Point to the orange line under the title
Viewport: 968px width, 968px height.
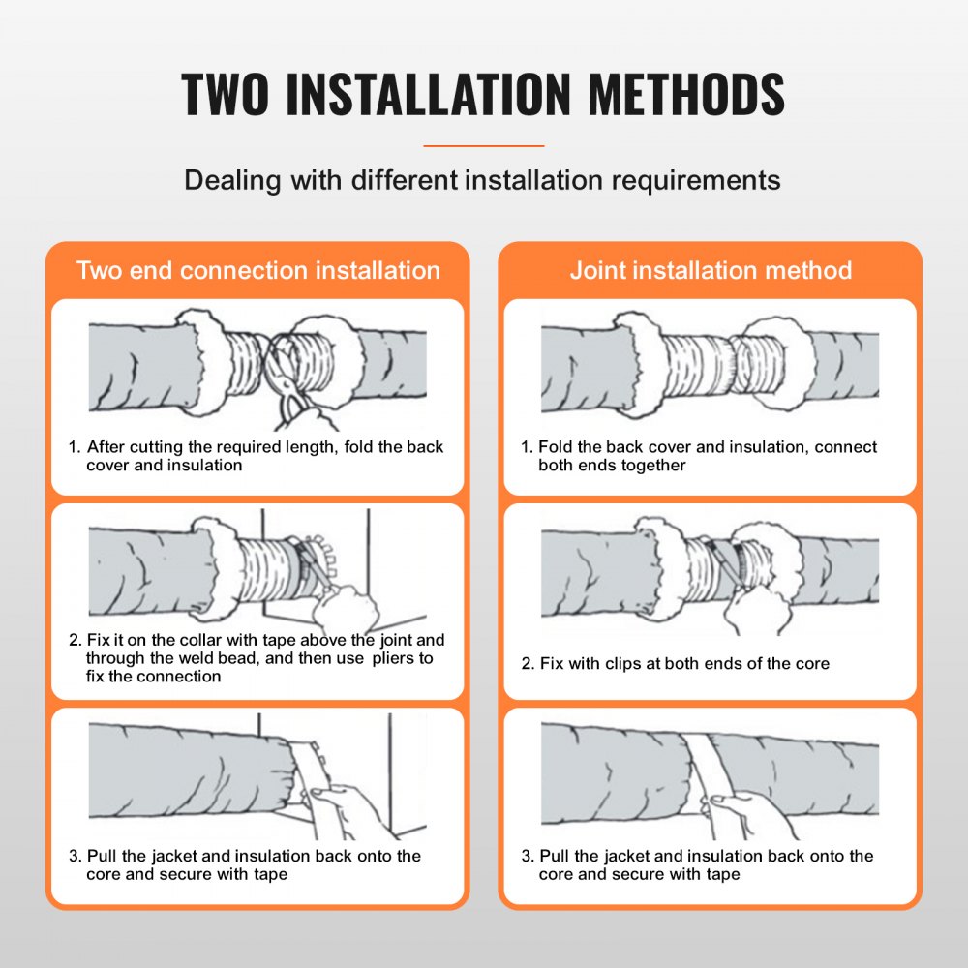pos(484,146)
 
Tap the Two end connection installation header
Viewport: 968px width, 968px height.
pos(257,270)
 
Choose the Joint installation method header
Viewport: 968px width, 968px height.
pos(711,270)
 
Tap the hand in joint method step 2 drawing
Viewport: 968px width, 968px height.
pos(757,610)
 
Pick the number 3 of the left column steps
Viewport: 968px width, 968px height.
pos(73,856)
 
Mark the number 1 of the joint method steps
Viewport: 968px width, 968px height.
pos(526,447)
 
